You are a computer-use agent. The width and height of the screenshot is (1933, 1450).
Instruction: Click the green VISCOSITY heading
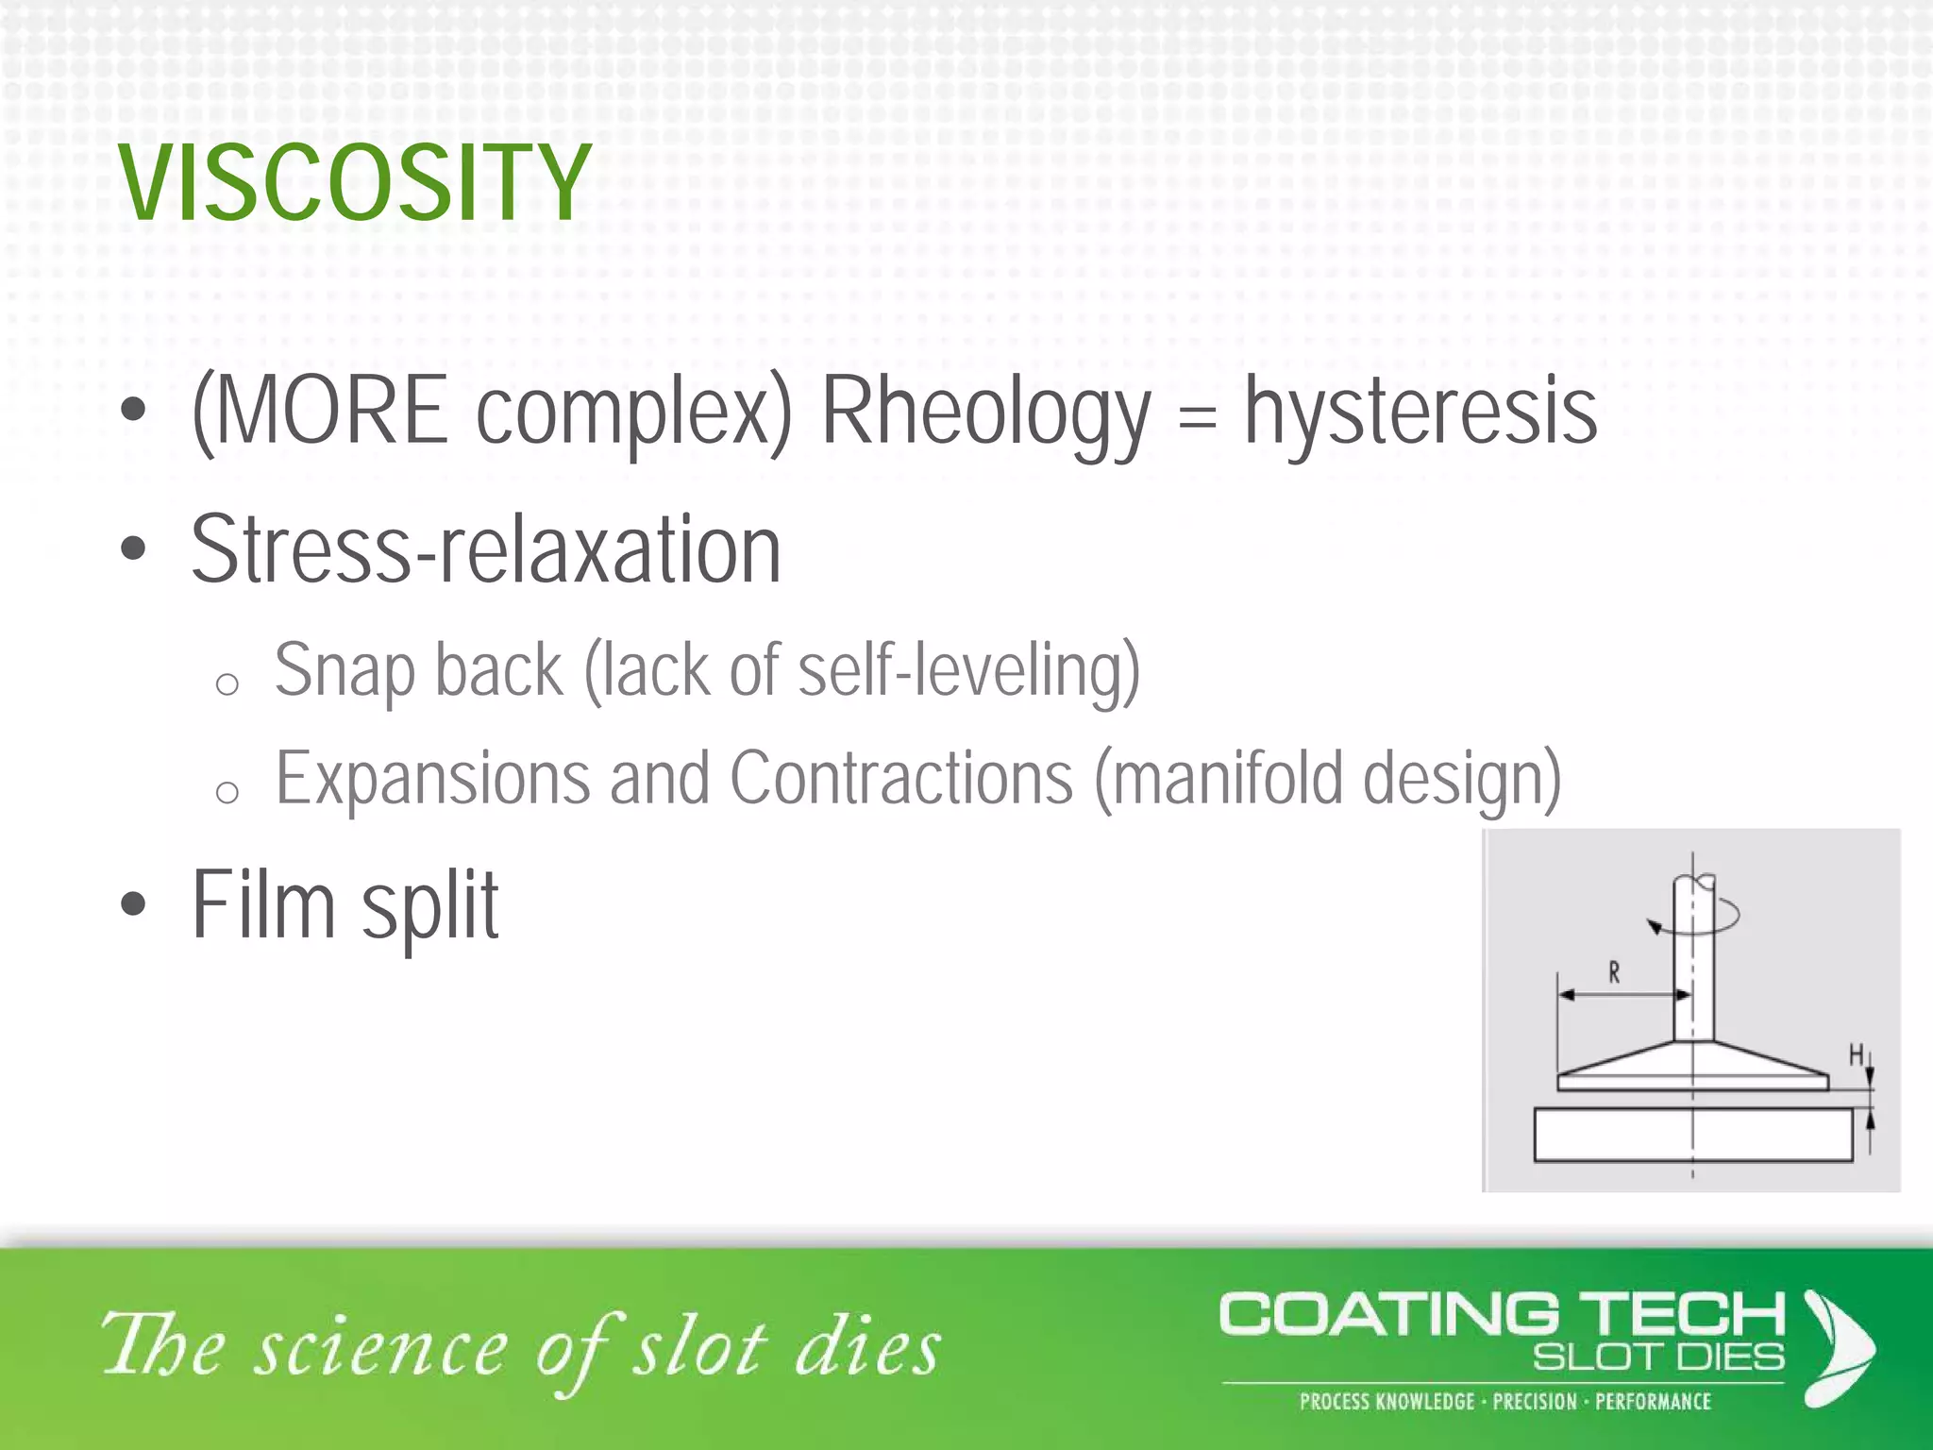(354, 184)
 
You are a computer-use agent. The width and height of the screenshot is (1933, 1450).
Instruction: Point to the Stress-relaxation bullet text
(486, 550)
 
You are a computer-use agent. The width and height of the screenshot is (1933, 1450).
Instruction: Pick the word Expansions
(432, 780)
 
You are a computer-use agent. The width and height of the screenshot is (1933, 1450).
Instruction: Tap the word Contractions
(901, 780)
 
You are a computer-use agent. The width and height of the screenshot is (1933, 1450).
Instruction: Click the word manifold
(1227, 780)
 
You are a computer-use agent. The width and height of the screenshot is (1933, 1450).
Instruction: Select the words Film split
(345, 905)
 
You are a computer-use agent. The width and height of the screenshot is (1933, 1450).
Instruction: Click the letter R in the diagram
(1614, 972)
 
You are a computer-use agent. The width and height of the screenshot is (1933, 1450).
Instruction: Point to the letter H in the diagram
(1856, 1054)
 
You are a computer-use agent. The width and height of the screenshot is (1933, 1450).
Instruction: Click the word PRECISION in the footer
(1535, 1402)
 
